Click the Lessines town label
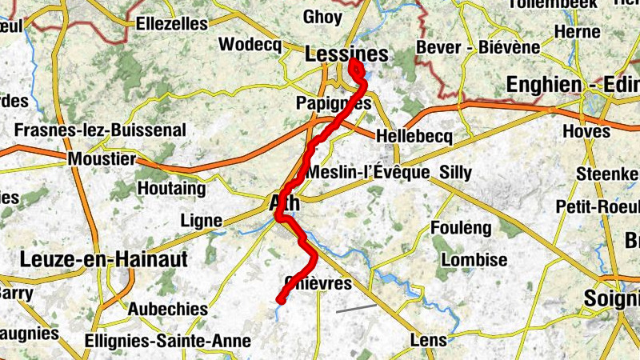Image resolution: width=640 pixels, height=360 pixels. click(x=346, y=55)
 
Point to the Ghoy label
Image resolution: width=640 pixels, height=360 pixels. click(x=322, y=17)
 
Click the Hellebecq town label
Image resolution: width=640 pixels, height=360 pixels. click(x=413, y=137)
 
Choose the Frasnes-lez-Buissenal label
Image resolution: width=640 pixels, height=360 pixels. click(x=100, y=130)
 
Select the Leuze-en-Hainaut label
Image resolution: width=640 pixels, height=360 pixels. click(x=102, y=259)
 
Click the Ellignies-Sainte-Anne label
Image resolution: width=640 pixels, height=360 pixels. click(x=167, y=342)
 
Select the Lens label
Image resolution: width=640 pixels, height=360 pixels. click(x=428, y=340)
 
